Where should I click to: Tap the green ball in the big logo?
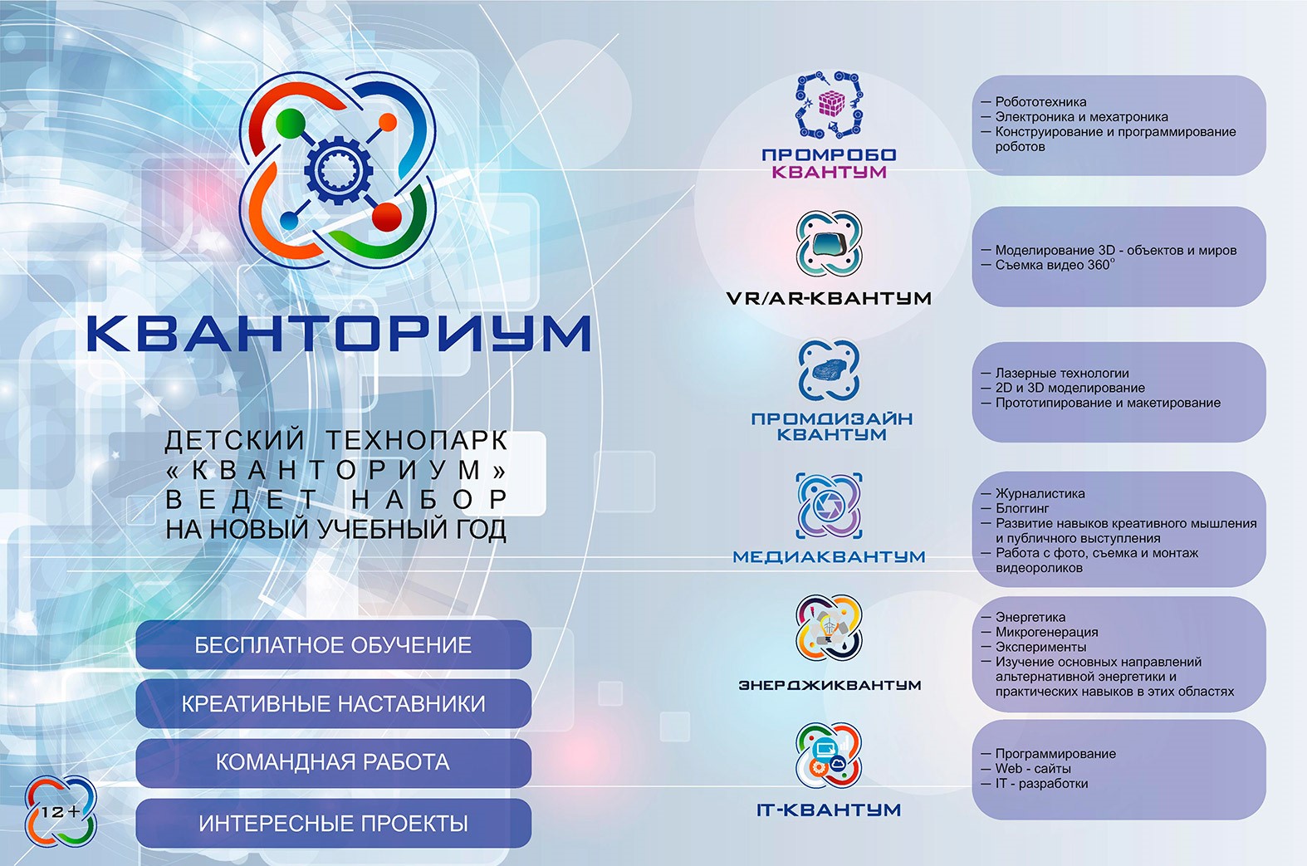[x=291, y=123]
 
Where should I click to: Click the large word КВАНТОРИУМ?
[x=339, y=333]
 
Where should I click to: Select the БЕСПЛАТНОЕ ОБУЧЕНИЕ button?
[x=333, y=645]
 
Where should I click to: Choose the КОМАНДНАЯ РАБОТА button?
[x=333, y=763]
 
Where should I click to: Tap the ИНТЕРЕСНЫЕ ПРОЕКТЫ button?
[x=333, y=824]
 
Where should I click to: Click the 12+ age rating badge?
[x=60, y=811]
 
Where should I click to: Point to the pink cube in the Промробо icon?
[x=831, y=104]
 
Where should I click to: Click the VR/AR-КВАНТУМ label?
[x=829, y=298]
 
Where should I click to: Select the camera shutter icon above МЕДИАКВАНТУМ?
[x=830, y=506]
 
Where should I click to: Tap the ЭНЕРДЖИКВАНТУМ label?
[x=830, y=684]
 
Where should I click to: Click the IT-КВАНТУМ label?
[x=829, y=810]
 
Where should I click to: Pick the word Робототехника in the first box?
[x=1041, y=102]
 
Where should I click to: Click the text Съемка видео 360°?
[x=1055, y=265]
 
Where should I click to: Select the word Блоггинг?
[x=1022, y=509]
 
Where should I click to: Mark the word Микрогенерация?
[x=1047, y=632]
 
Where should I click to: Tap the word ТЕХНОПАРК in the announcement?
[x=417, y=440]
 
